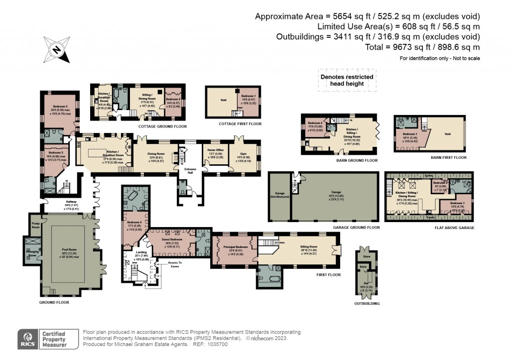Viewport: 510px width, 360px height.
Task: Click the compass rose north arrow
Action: (x=57, y=49)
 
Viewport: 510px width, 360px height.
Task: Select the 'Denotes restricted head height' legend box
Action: (x=347, y=80)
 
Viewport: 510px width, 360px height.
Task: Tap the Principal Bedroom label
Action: (x=235, y=249)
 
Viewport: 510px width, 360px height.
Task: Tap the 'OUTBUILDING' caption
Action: (x=367, y=303)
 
